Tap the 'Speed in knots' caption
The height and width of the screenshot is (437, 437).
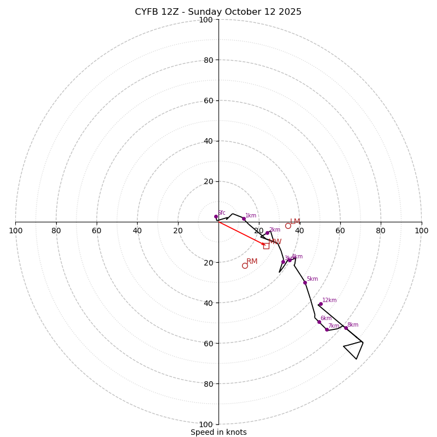tap(218, 432)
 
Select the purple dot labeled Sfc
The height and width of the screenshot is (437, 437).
tap(216, 217)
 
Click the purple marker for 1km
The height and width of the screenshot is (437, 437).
tap(244, 218)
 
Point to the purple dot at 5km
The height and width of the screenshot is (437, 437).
tap(305, 282)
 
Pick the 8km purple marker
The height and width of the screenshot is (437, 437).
tap(346, 328)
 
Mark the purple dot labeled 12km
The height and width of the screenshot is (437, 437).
tap(321, 304)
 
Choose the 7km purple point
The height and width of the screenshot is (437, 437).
tap(327, 329)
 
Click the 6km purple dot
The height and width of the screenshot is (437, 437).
tap(319, 322)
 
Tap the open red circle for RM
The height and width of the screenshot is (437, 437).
tap(245, 265)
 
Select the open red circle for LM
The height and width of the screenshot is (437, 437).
tap(288, 226)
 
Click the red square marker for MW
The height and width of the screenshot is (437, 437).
tap(266, 246)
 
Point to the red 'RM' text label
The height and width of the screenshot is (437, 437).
tap(252, 262)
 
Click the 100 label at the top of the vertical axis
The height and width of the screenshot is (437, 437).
tap(205, 20)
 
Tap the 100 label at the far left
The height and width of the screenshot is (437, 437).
tap(15, 231)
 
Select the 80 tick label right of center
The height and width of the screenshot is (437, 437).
tap(381, 231)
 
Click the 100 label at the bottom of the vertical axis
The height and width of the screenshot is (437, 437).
tap(205, 424)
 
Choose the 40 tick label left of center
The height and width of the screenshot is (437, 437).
tap(137, 231)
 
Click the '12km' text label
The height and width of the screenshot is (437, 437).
tap(329, 300)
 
